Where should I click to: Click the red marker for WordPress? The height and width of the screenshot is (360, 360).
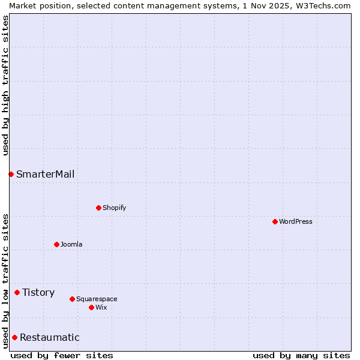point(275,221)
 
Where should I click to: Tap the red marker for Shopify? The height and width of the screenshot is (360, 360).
point(98,208)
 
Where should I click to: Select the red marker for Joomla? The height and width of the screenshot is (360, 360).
point(56,244)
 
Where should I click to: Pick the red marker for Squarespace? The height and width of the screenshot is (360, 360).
point(72,299)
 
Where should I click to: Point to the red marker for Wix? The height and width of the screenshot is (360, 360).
point(91,307)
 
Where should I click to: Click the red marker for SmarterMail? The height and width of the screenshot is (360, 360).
point(11,174)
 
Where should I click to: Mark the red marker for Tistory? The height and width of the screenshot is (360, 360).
point(17,292)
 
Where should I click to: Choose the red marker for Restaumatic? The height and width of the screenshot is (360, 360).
point(14,337)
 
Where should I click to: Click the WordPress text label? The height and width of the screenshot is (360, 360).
point(296,221)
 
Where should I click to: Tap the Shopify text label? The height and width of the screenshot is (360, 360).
point(114,208)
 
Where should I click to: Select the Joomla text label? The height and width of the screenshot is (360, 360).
point(71,244)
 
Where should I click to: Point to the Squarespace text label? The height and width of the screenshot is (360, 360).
point(97,299)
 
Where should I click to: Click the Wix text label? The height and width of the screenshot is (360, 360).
point(101,307)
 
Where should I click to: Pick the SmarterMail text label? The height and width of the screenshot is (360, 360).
point(46,174)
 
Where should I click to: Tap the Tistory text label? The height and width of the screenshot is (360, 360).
point(38,292)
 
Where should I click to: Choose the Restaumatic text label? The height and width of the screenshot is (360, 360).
point(49,337)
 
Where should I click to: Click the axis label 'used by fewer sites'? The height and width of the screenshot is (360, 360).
point(62,355)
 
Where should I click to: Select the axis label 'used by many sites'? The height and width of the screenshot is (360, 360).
point(301,355)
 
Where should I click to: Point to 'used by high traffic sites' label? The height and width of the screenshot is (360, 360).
point(5,85)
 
